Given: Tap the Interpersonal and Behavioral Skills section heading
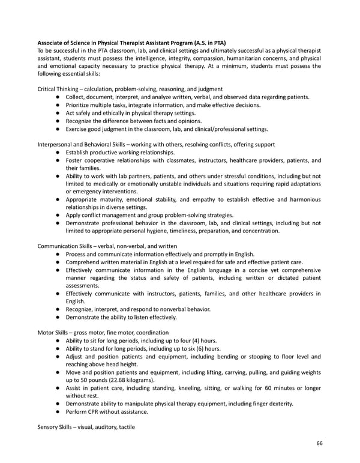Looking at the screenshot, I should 156,144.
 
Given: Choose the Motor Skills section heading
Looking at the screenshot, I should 103,332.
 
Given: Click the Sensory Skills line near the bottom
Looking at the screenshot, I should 86,426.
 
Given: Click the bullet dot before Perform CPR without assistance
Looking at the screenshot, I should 56,411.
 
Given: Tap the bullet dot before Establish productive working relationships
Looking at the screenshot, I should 56,153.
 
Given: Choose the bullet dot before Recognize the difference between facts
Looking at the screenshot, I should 56,121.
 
